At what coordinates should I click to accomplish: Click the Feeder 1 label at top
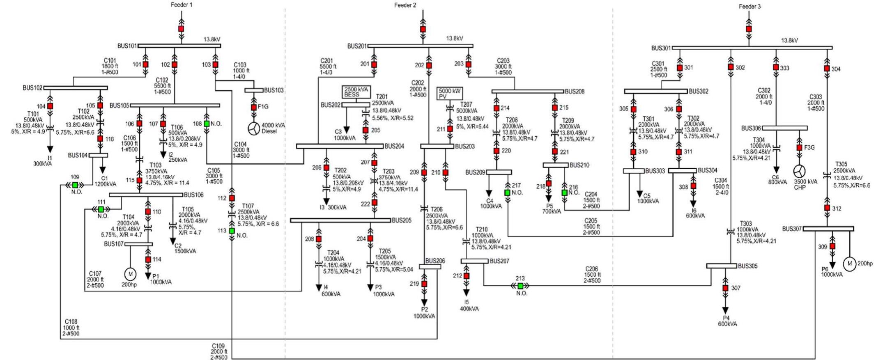pos(181,5)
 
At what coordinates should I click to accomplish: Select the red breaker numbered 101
pos(145,64)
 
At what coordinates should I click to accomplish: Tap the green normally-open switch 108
pos(207,124)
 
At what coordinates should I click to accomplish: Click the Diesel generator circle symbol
pos(254,128)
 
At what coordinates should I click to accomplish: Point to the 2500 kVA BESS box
pos(356,92)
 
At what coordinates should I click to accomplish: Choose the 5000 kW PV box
pos(449,93)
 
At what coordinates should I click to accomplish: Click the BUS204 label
pos(394,146)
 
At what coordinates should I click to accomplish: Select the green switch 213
pos(520,286)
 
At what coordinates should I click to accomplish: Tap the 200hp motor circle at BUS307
pos(849,264)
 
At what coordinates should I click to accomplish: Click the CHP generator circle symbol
pos(799,171)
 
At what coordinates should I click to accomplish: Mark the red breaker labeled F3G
pos(799,147)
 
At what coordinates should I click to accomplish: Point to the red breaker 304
pos(827,69)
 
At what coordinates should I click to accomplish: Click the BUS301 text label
pos(660,48)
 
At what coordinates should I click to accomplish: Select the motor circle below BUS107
pos(130,274)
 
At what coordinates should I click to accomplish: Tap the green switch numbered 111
pos(101,209)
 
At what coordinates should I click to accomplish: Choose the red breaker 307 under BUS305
pos(725,288)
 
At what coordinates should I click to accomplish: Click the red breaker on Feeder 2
pos(423,29)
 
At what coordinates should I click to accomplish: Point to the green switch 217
pos(508,193)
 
